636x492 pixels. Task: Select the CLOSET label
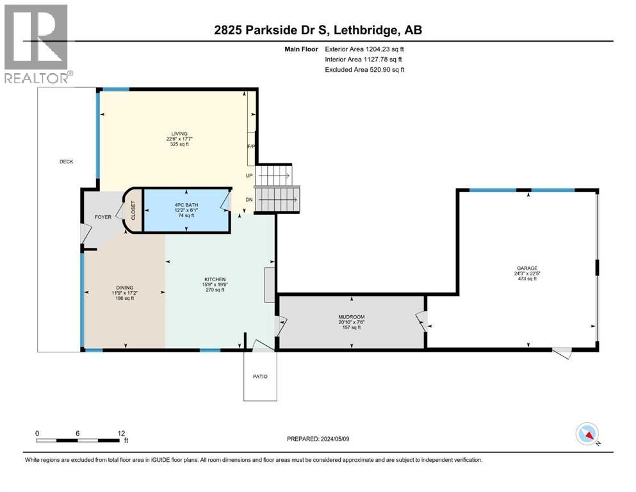(x=133, y=210)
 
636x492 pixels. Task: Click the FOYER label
(x=103, y=217)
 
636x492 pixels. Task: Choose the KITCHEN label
(x=215, y=279)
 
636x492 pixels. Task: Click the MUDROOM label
(x=351, y=316)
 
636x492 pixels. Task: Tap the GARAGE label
(x=528, y=268)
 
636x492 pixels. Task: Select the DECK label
(x=66, y=161)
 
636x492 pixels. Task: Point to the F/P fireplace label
(x=252, y=147)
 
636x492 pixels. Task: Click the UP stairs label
(x=249, y=175)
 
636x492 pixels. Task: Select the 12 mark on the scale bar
(x=121, y=433)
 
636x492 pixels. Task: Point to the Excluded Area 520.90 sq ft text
(x=364, y=69)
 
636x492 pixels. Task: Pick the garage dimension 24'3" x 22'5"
(x=528, y=274)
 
